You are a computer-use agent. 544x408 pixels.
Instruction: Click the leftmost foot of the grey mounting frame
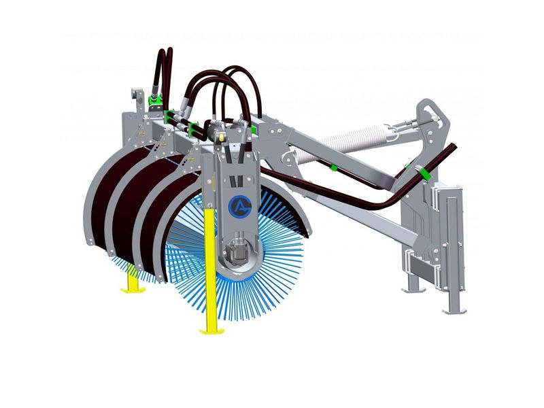click(x=413, y=289)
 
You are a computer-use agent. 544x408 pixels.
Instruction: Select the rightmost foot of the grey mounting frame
click(x=454, y=310)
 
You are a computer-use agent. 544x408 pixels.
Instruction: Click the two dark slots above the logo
click(x=235, y=181)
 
